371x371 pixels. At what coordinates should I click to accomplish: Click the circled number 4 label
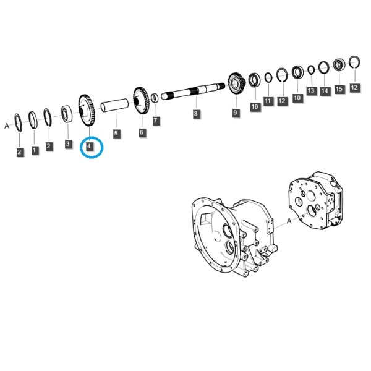tap(89, 147)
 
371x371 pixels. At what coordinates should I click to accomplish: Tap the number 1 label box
tap(35, 150)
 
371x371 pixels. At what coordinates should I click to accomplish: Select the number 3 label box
tap(68, 143)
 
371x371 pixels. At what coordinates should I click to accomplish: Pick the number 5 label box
tap(116, 134)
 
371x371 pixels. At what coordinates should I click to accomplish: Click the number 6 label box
tap(142, 132)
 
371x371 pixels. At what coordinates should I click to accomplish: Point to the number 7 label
tap(155, 121)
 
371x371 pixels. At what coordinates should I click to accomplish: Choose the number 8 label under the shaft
tap(195, 114)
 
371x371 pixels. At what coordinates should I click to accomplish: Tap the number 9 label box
tap(235, 112)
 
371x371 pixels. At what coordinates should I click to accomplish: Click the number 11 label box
tap(268, 101)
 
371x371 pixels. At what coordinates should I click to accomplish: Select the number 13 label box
tap(311, 90)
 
